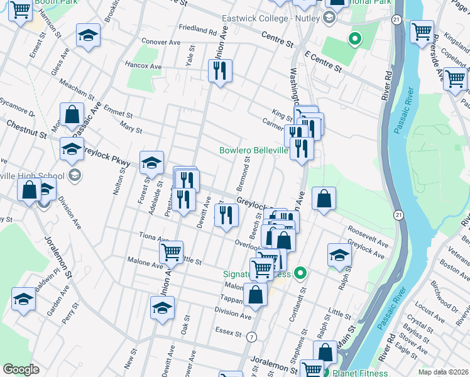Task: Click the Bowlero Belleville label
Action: [x=253, y=151]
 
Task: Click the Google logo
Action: [x=21, y=369]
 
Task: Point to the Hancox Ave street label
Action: [x=143, y=66]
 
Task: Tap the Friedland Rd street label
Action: [x=197, y=29]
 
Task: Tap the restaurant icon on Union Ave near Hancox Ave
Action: [x=221, y=71]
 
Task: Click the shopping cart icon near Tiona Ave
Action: [x=171, y=253]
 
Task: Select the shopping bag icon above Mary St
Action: [x=72, y=115]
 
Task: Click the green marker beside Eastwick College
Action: [x=355, y=40]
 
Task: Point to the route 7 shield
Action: [x=251, y=337]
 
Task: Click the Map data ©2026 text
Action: [x=445, y=372]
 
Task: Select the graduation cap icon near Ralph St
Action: [x=339, y=255]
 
